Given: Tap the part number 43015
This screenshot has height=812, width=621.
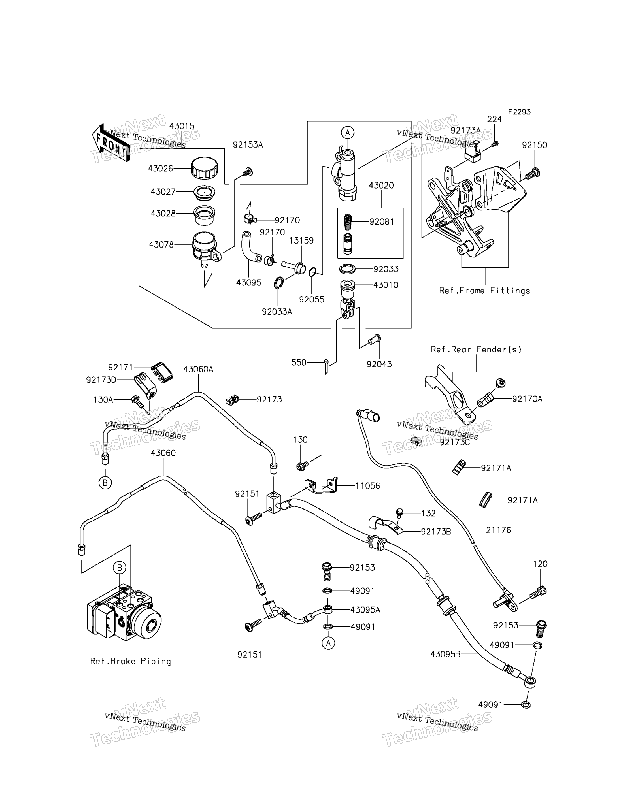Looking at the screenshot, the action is [182, 126].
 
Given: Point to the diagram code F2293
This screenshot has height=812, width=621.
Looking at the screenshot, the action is [519, 112].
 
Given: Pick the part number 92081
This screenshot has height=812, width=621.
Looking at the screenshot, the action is [382, 222].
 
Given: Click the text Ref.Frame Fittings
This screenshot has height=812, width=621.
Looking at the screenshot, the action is [484, 291].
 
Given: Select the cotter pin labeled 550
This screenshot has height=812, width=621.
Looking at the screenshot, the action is [326, 366].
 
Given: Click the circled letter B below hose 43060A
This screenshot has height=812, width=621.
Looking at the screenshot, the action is [105, 482].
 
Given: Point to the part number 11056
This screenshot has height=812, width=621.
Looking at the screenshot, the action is [367, 486].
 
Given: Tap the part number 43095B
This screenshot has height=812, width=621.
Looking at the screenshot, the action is [445, 654].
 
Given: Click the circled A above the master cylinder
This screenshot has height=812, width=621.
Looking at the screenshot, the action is [347, 132].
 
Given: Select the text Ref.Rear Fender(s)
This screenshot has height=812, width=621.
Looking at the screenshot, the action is [476, 349].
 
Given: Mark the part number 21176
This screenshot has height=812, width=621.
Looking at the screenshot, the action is [498, 530].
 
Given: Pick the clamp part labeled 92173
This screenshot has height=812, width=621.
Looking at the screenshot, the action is [232, 400].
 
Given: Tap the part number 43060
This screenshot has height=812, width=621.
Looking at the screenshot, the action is [163, 453].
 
